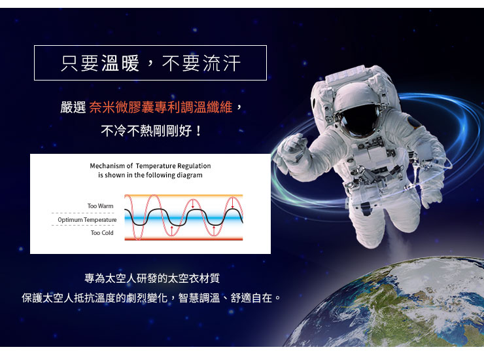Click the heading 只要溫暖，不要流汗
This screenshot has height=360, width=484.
(150, 63)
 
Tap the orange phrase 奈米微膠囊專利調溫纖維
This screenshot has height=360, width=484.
(160, 107)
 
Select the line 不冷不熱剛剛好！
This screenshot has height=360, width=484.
(151, 131)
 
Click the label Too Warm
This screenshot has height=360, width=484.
(100, 206)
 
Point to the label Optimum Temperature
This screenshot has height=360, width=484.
(87, 220)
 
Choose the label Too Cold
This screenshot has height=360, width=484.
(102, 232)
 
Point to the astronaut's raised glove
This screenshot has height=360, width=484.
(292, 150)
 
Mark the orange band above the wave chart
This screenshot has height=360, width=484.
(184, 196)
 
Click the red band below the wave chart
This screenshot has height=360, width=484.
(184, 238)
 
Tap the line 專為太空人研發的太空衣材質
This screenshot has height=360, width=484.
(152, 278)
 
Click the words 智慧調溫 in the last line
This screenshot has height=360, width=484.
(199, 298)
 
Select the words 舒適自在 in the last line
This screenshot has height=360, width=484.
(251, 298)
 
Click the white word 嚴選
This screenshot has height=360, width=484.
(73, 107)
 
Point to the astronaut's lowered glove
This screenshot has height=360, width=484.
(431, 197)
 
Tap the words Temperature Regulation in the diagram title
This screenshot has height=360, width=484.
(173, 166)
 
